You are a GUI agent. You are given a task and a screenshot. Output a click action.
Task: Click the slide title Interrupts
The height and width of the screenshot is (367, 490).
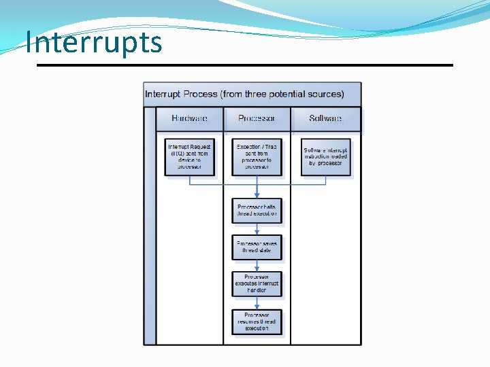[x=94, y=42]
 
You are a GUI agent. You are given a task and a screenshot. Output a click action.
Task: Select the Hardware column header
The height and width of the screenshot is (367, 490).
[x=189, y=119]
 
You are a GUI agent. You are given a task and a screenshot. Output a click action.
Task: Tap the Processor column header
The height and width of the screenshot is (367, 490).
[x=257, y=119]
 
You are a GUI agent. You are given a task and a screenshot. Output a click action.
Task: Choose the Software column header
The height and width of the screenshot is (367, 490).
[x=325, y=119]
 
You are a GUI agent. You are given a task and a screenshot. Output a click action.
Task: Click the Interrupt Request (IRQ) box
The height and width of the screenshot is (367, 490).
[x=189, y=157]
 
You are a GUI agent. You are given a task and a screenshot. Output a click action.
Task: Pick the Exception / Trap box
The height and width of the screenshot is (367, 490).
[x=257, y=157]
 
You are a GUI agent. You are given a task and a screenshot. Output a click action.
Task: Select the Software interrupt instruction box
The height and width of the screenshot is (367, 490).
[x=325, y=157]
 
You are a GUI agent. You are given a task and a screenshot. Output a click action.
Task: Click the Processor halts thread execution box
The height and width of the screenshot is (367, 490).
[x=257, y=210]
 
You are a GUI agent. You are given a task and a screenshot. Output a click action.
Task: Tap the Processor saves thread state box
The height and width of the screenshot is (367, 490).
[x=257, y=247]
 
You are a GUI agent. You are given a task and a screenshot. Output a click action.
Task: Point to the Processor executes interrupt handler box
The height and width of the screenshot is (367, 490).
[x=257, y=284]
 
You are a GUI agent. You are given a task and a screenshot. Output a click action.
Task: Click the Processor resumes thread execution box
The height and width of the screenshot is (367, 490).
[x=257, y=321]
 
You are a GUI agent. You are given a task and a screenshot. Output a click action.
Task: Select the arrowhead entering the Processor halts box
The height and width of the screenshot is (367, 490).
[x=257, y=194]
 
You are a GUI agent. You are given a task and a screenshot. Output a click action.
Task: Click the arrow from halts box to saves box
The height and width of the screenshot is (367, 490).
[x=257, y=228]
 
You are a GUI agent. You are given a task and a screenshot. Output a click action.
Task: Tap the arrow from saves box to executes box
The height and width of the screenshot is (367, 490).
[x=257, y=266]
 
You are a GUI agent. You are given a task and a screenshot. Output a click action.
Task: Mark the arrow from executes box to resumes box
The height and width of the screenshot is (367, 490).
[x=257, y=303]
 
